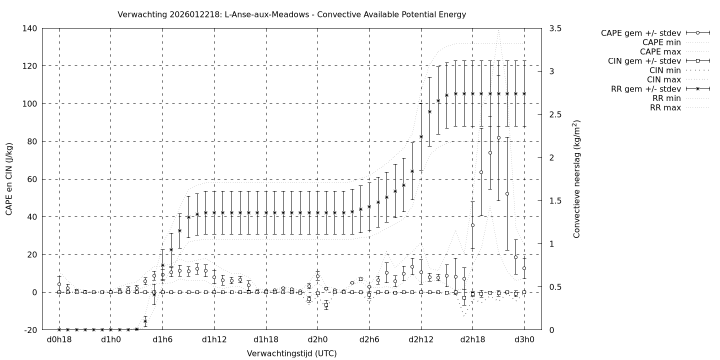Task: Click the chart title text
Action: (x=291, y=14)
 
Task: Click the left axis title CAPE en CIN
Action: (x=9, y=178)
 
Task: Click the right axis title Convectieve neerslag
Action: (x=576, y=178)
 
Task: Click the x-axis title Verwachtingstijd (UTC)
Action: (x=291, y=353)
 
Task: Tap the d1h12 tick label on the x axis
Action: (x=214, y=340)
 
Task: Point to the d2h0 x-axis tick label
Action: (x=317, y=340)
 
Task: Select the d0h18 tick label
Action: (x=59, y=340)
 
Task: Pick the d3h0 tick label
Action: (x=524, y=340)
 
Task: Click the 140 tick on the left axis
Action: (x=28, y=28)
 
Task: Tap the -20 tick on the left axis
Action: (x=29, y=330)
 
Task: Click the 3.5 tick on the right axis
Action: (x=554, y=28)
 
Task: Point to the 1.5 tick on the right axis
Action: (x=554, y=200)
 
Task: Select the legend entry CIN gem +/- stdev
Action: (x=645, y=61)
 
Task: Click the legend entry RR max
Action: (x=665, y=107)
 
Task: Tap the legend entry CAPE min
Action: (x=661, y=42)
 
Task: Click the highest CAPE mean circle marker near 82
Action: (x=498, y=137)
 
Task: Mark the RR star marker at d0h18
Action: (x=59, y=329)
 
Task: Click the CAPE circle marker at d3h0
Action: (x=524, y=268)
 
